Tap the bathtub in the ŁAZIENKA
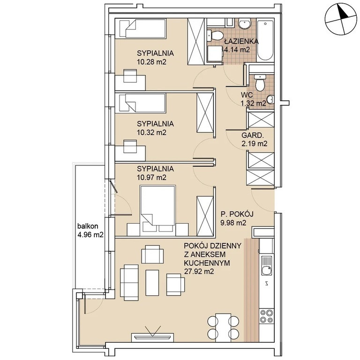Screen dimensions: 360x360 [265, 40]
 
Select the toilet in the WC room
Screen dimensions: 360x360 [260, 83]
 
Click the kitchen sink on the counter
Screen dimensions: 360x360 [266, 266]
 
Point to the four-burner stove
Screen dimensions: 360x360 [267, 316]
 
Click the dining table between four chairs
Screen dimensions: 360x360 [223, 326]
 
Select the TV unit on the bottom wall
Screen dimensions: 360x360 [153, 337]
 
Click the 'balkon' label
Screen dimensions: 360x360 [88, 226]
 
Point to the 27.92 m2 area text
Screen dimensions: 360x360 [199, 271]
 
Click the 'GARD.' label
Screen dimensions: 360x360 [252, 135]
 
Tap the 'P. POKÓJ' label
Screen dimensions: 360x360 [237, 214]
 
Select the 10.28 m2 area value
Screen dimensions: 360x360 [151, 62]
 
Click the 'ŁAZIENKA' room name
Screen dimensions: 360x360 [241, 41]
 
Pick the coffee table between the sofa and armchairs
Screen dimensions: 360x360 [152, 283]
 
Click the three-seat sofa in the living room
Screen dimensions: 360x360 [129, 282]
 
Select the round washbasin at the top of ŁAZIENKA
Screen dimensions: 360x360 [245, 23]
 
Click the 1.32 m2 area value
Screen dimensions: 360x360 [253, 104]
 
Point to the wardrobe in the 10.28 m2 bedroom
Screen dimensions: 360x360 [196, 41]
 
